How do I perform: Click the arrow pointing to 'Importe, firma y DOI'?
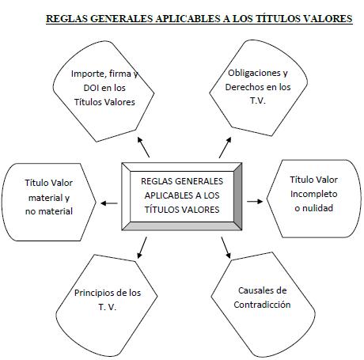(x=143, y=147)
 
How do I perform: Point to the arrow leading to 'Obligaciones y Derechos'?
(x=226, y=147)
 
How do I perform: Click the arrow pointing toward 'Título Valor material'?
(x=109, y=203)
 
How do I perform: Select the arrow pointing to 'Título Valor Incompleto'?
(x=255, y=202)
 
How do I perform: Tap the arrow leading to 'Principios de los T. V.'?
(x=142, y=248)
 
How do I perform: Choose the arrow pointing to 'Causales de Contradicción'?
(x=226, y=248)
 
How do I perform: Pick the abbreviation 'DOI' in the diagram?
(x=90, y=88)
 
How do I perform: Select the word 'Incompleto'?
(x=314, y=194)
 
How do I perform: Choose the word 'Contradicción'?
(x=262, y=305)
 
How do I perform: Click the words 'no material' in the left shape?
(x=49, y=211)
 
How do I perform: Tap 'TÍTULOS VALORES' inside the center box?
(x=182, y=210)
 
